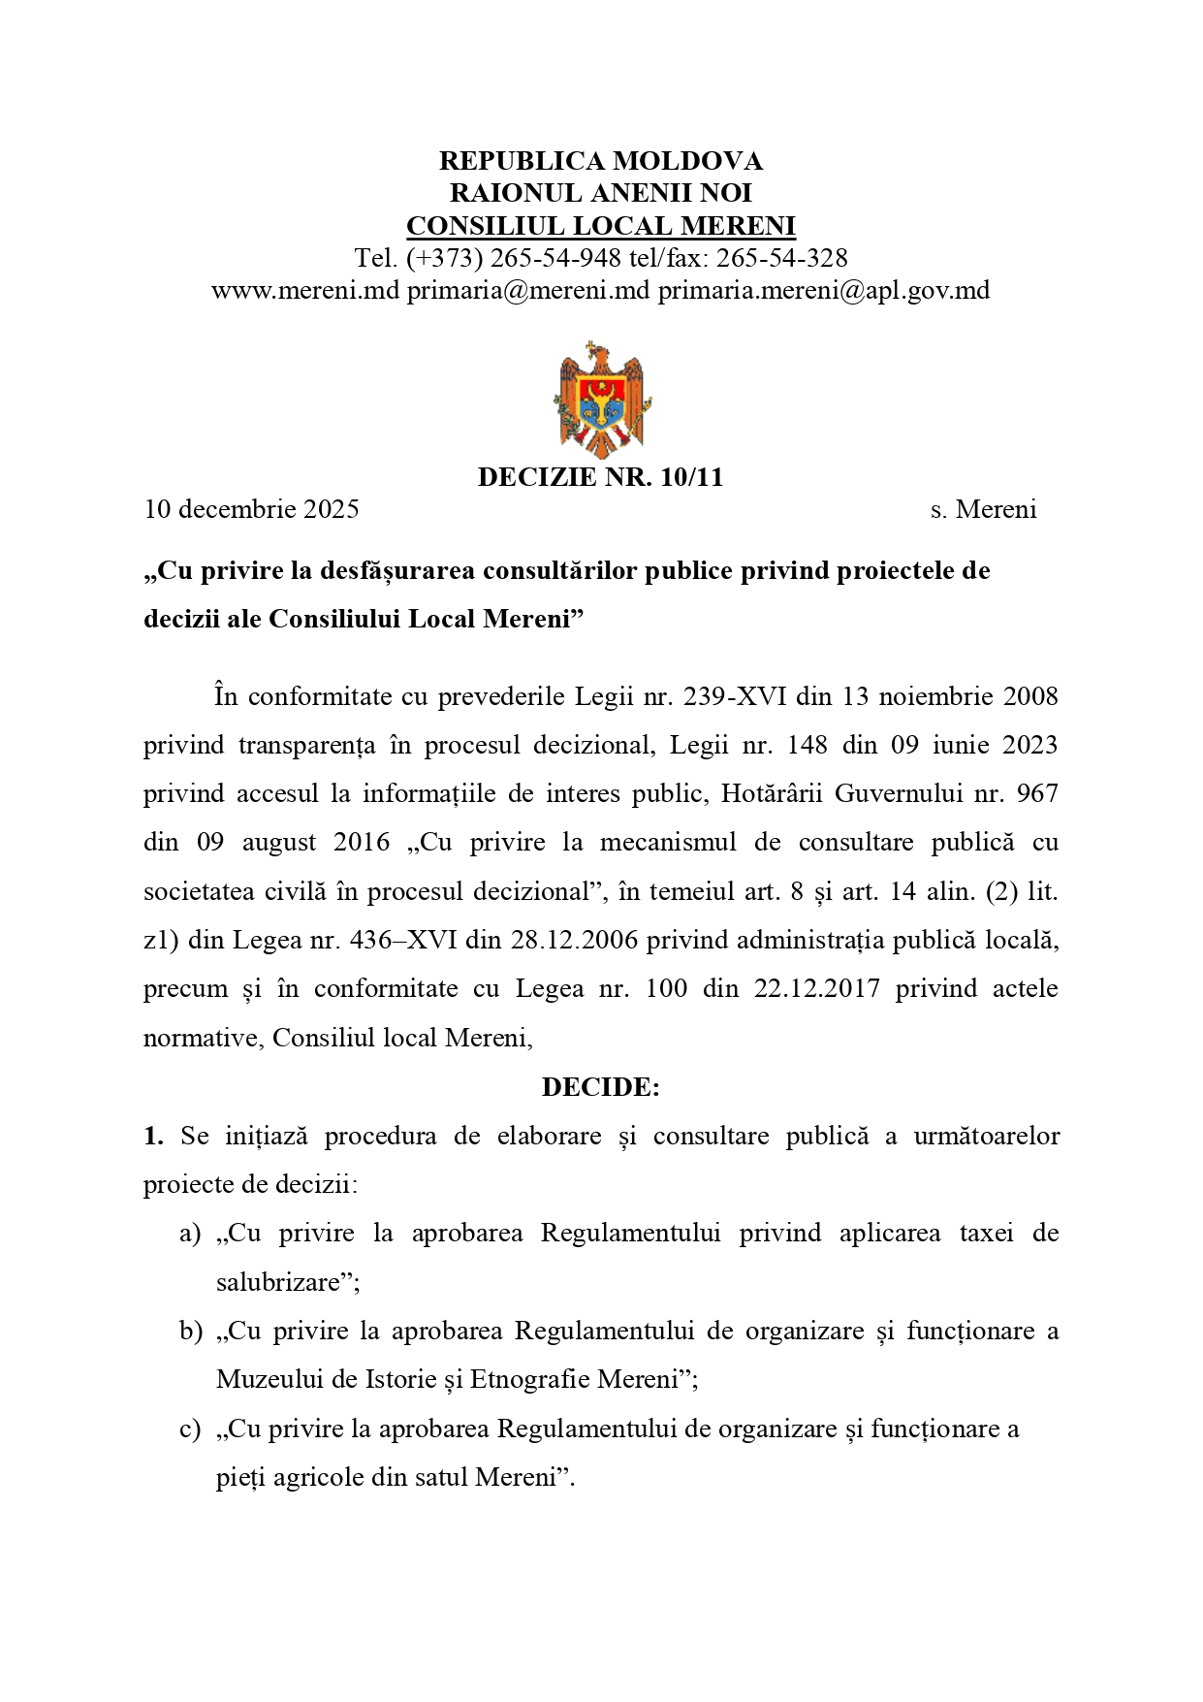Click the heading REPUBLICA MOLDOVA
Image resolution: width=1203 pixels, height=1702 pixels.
[x=601, y=160]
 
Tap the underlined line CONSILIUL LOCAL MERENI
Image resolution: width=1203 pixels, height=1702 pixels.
[x=601, y=226]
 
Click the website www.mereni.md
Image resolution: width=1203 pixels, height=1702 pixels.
[x=305, y=290]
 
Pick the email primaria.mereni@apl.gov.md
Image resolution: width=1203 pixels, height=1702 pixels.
[x=824, y=290]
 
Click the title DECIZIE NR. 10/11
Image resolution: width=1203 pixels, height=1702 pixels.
[x=601, y=477]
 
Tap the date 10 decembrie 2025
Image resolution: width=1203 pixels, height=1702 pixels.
[x=252, y=509]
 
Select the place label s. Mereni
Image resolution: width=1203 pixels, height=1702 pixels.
[x=983, y=509]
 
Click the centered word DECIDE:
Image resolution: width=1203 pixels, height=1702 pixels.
[x=601, y=1087]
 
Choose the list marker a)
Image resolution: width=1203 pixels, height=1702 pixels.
[x=190, y=1234]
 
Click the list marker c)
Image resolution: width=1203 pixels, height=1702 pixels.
[x=190, y=1429]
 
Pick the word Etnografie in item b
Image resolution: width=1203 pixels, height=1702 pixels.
[x=529, y=1380]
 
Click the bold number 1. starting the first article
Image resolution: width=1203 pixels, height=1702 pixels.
[x=153, y=1136]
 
